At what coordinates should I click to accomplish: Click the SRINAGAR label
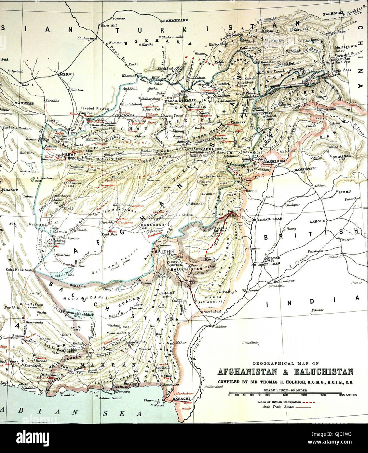click(x=340, y=156)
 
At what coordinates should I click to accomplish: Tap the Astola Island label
click(x=110, y=398)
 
